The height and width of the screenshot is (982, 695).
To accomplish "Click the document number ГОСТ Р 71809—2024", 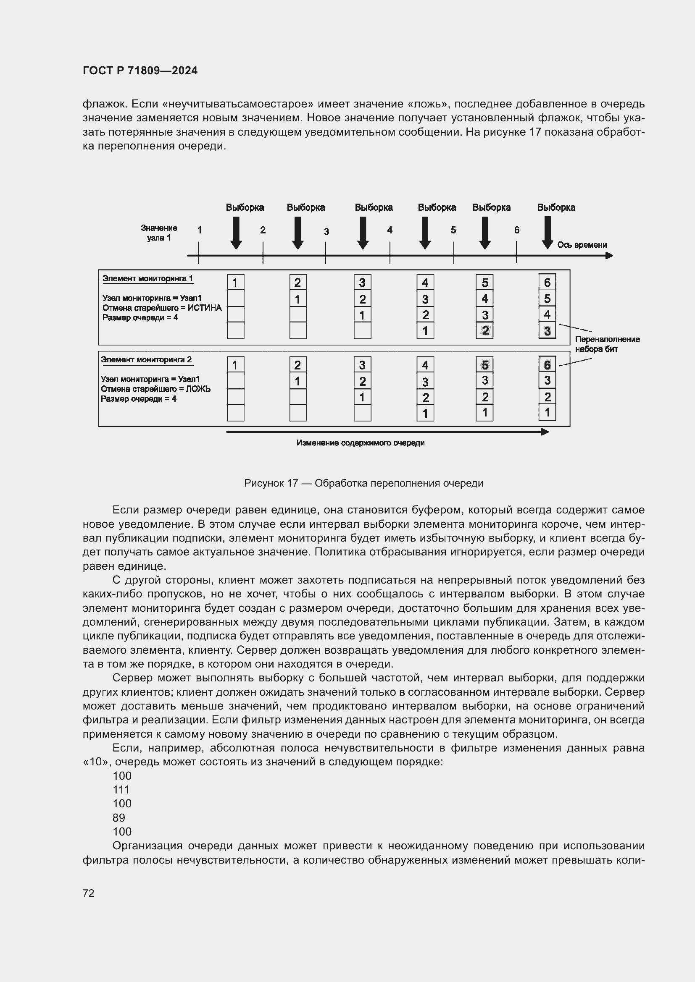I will (x=140, y=71).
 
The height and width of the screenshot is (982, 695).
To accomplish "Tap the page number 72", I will (x=89, y=893).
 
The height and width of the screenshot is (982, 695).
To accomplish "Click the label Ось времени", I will (x=582, y=245).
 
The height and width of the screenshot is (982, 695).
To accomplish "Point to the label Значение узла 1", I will (x=159, y=233).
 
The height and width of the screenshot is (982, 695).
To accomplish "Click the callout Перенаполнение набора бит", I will (x=607, y=344).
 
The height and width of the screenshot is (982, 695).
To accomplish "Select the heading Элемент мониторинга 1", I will (x=147, y=279).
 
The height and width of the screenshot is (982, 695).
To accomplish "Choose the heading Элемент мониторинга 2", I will (x=146, y=360).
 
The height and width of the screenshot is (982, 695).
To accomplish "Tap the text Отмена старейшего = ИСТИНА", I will (x=162, y=308).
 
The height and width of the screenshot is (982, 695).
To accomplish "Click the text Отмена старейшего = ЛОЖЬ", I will (x=155, y=389).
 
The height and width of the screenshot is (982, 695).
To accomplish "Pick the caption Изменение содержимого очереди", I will (x=361, y=443).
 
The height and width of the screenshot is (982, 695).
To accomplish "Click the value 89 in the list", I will (x=119, y=818).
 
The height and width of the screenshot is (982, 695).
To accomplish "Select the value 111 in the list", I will (x=121, y=790).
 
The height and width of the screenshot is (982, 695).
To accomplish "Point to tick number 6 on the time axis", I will (x=516, y=230).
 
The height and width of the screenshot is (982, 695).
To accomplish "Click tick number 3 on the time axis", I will (x=326, y=232).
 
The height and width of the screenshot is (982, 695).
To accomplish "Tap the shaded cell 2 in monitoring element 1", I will (x=484, y=330).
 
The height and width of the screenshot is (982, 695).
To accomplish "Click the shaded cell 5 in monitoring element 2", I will (x=484, y=365).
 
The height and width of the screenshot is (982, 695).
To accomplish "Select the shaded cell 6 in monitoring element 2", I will (x=547, y=365).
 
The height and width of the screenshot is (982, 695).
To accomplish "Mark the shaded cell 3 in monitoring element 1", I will (x=547, y=330).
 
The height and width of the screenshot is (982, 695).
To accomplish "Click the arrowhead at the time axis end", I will (x=609, y=256).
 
